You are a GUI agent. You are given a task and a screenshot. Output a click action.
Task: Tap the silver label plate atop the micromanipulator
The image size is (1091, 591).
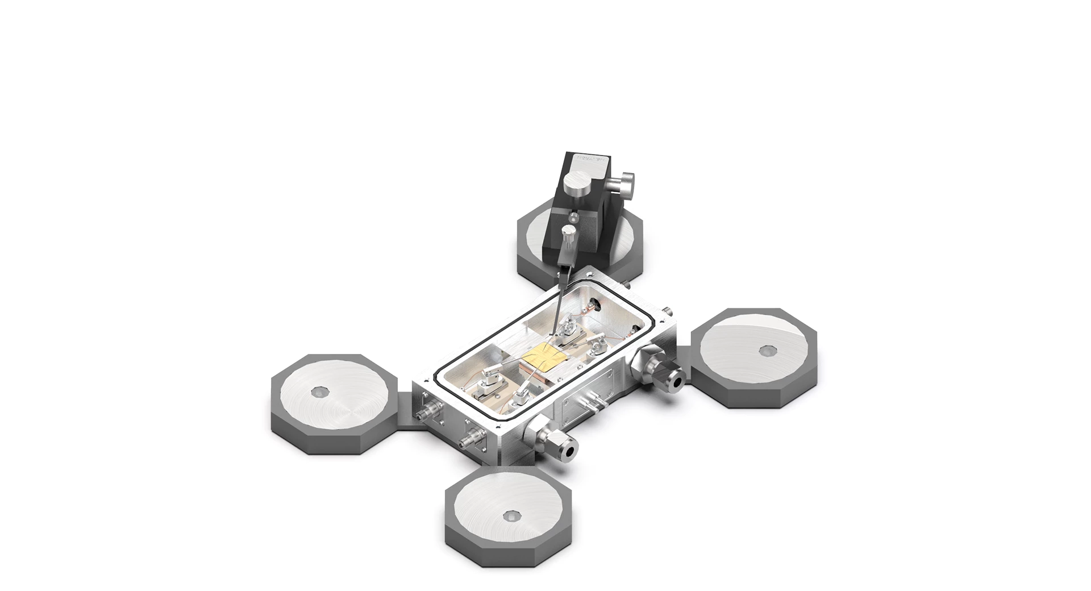[592, 159]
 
